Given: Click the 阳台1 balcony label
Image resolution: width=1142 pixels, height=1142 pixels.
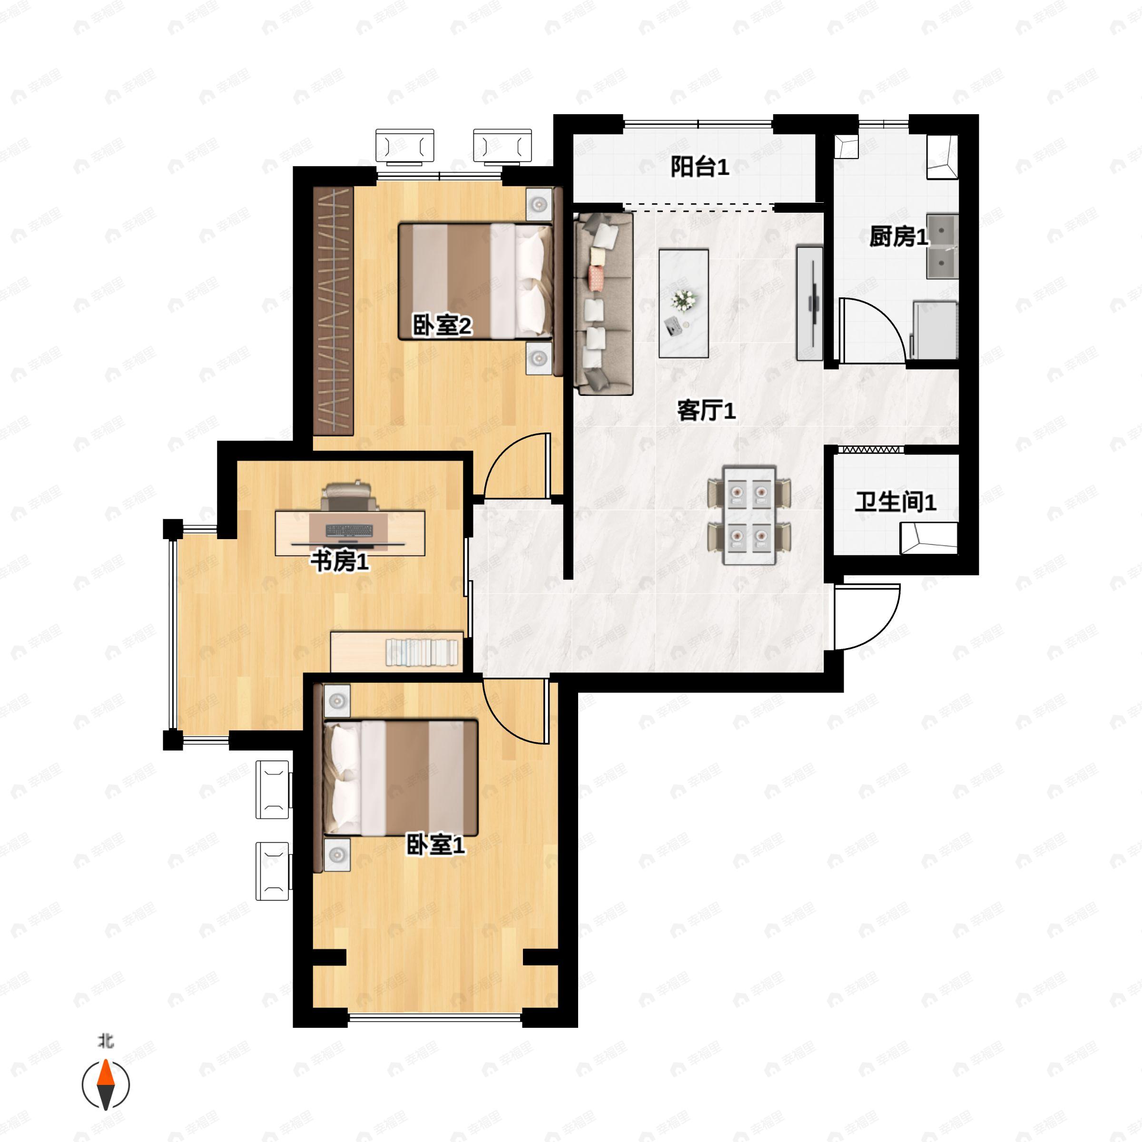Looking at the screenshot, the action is pyautogui.click(x=699, y=167).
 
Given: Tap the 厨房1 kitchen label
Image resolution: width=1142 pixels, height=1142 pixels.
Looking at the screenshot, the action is pyautogui.click(x=898, y=236).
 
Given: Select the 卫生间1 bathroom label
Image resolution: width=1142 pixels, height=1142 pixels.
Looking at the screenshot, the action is pyautogui.click(x=896, y=502).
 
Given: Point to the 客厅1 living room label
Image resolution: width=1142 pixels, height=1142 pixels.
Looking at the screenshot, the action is pyautogui.click(x=706, y=410).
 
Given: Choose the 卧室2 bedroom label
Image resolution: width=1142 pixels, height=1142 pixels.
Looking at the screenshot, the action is pyautogui.click(x=442, y=325).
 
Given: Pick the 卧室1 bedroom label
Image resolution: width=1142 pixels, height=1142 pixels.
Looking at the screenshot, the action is pyautogui.click(x=436, y=845).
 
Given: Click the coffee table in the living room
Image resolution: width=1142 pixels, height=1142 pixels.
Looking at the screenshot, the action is pyautogui.click(x=684, y=303).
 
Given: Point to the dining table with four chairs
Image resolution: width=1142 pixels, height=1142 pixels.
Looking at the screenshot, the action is pyautogui.click(x=749, y=515).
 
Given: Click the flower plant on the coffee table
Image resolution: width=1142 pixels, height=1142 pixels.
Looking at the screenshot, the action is pyautogui.click(x=684, y=300).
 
